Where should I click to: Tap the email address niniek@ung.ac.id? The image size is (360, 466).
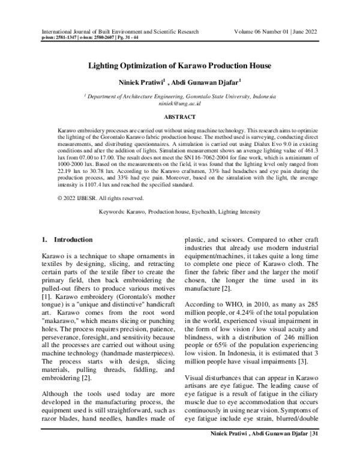click(180, 103)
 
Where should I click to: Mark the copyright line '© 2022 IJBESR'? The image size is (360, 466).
click(83, 198)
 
